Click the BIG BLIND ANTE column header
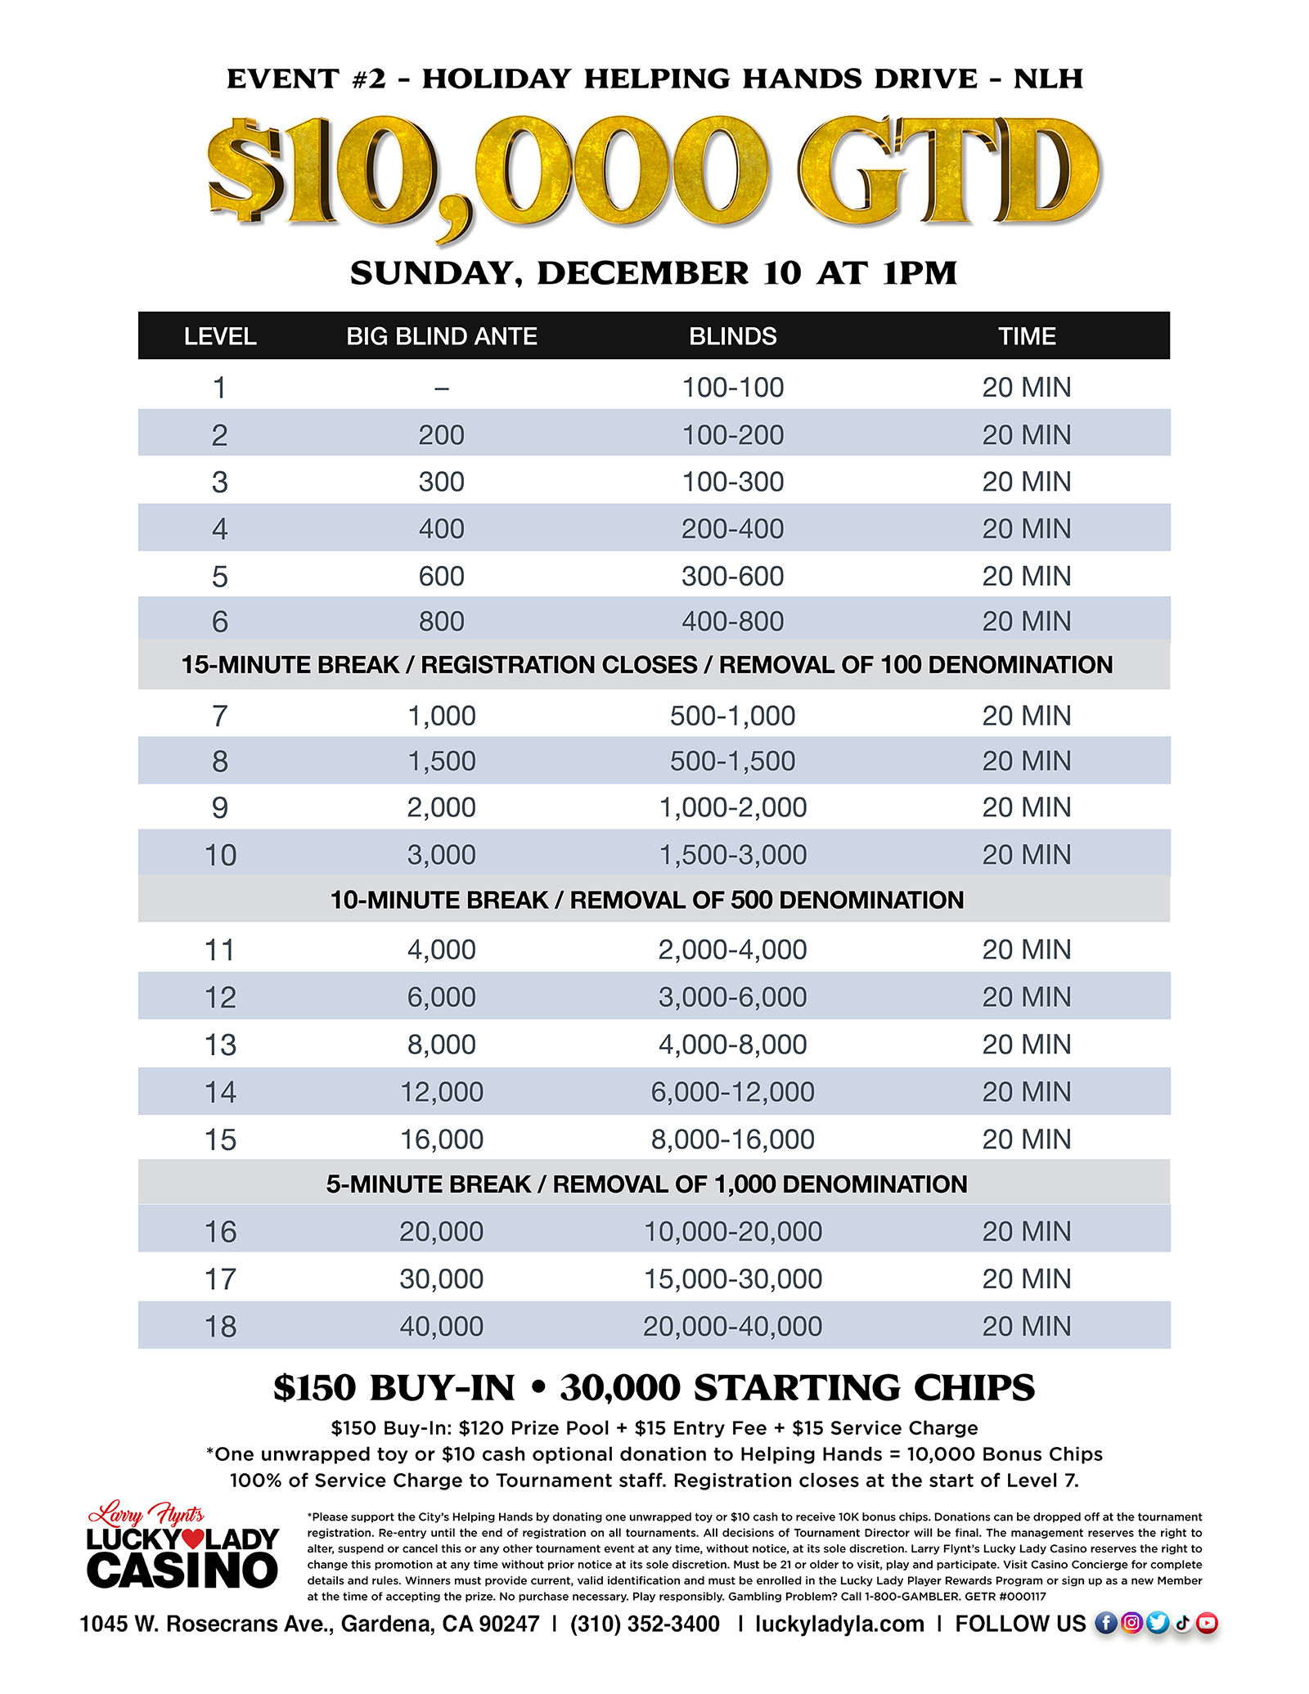pyautogui.click(x=441, y=336)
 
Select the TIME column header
pyautogui.click(x=1026, y=336)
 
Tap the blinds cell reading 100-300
pyautogui.click(x=732, y=482)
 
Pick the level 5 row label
pyautogui.click(x=219, y=577)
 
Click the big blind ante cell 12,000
pyautogui.click(x=441, y=1092)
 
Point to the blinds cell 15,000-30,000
pyautogui.click(x=732, y=1278)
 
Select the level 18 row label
pyautogui.click(x=219, y=1326)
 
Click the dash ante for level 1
pyautogui.click(x=441, y=389)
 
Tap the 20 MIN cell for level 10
pyautogui.click(x=1026, y=855)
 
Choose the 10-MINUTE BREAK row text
pyautogui.click(x=646, y=900)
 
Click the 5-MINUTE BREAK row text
pyautogui.click(x=646, y=1184)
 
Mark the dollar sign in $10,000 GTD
pyautogui.click(x=245, y=172)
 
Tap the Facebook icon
pyautogui.click(x=1105, y=1623)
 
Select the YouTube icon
pyautogui.click(x=1207, y=1623)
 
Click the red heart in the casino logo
pyautogui.click(x=192, y=1539)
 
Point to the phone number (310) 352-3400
pyautogui.click(x=645, y=1624)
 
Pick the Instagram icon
pyautogui.click(x=1131, y=1623)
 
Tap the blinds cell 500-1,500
pyautogui.click(x=732, y=762)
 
